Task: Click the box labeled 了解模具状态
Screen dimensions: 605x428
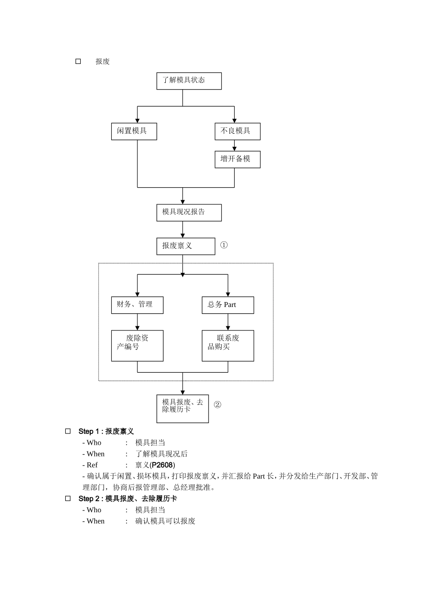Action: tap(189, 81)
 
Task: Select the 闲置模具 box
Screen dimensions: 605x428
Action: tap(134, 131)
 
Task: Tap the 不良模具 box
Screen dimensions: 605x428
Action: tap(237, 131)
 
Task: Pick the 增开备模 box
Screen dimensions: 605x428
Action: tap(237, 159)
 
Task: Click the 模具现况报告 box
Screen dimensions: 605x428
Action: tap(189, 212)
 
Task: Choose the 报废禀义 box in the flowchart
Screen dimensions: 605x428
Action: tap(186, 246)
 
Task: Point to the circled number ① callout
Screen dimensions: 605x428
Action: tap(224, 245)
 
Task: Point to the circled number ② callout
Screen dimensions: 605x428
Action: tap(217, 405)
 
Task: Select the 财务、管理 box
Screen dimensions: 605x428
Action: tap(137, 305)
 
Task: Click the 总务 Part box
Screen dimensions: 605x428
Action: tap(228, 305)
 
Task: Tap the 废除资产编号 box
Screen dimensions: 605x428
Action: tap(137, 346)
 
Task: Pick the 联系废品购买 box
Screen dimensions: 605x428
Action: tap(228, 346)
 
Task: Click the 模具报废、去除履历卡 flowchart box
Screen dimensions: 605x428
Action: tap(182, 409)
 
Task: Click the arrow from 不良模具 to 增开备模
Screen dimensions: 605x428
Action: tap(234, 146)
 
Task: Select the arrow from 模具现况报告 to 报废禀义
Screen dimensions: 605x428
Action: tap(182, 230)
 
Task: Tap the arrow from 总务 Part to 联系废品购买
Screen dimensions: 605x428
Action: tap(228, 322)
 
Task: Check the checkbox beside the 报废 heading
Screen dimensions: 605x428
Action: tap(78, 62)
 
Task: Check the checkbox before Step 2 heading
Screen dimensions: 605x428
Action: tap(68, 498)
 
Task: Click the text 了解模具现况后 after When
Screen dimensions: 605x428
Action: tap(161, 454)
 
